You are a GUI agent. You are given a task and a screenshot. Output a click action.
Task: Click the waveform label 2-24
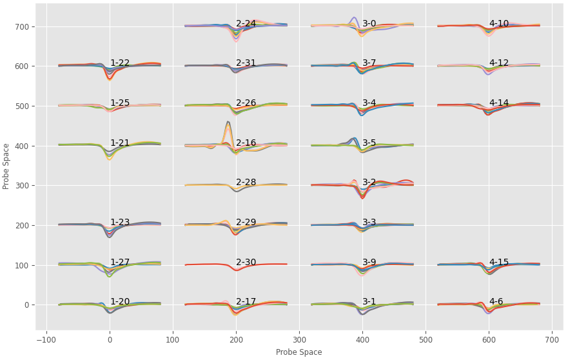[246, 24]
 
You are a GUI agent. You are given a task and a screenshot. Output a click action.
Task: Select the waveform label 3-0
[369, 24]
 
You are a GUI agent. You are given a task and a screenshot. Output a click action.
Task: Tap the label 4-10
[498, 24]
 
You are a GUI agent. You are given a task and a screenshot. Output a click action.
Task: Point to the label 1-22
[119, 63]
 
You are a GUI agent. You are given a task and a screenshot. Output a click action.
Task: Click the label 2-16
[246, 143]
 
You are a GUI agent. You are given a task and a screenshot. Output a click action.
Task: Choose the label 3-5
[369, 143]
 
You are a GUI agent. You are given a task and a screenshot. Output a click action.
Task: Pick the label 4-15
[498, 263]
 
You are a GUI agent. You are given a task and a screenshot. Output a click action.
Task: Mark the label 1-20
[119, 302]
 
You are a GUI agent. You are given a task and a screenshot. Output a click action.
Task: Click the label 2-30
[246, 263]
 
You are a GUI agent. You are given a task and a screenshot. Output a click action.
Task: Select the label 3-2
[369, 183]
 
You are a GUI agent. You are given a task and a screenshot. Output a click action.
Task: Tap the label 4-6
[496, 302]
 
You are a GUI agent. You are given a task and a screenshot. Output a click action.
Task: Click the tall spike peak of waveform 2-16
[228, 122]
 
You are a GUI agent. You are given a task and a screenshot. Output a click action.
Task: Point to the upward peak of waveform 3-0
[354, 17]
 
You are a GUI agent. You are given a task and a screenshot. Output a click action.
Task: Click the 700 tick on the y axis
[23, 27]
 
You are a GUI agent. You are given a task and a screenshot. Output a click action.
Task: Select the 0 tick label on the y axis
[28, 305]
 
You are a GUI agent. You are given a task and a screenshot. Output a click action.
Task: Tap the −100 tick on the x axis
[46, 339]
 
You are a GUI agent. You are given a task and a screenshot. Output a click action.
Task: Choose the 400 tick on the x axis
[362, 339]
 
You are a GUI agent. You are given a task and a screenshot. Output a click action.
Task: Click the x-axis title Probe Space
[299, 352]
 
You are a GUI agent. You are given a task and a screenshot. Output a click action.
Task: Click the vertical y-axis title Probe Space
[6, 166]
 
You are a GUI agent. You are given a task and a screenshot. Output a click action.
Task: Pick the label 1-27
[119, 263]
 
